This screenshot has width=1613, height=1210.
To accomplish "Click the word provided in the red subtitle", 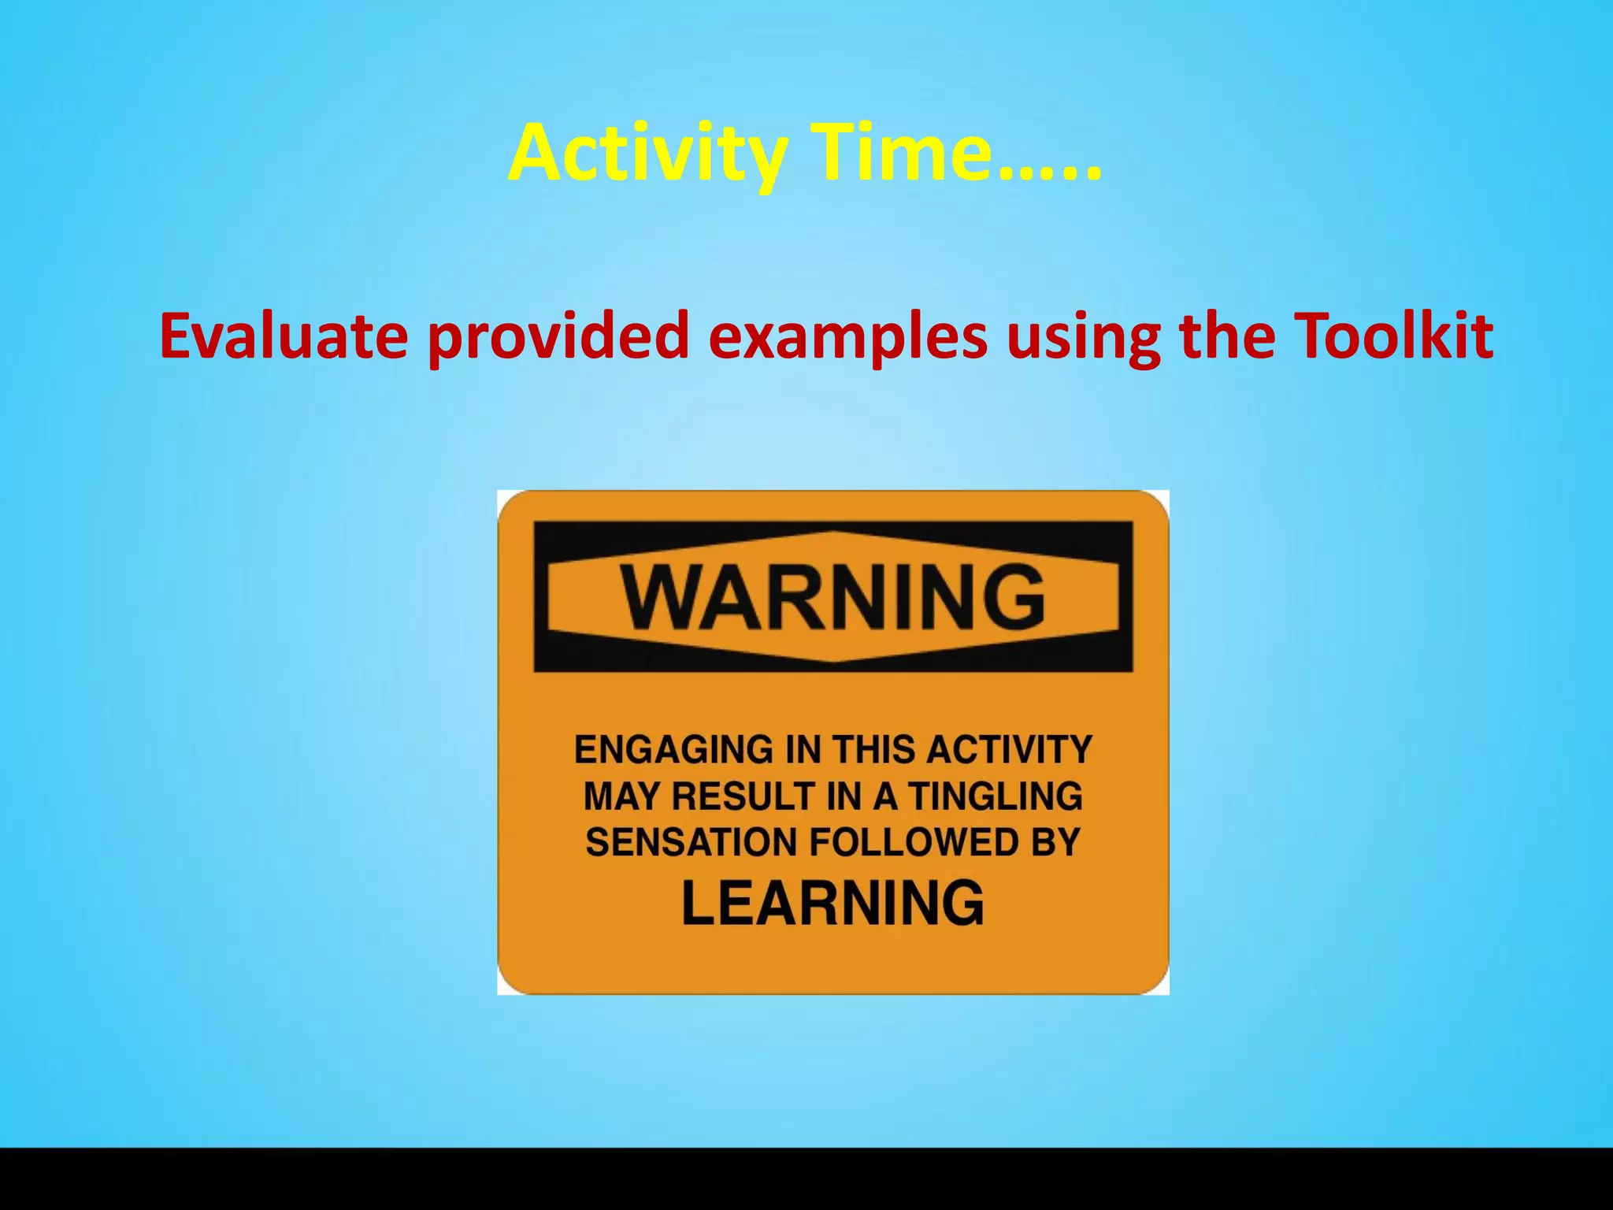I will [x=558, y=337].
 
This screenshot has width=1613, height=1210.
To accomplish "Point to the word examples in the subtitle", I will [x=847, y=337].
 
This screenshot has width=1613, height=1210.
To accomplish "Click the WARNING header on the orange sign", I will [x=833, y=596].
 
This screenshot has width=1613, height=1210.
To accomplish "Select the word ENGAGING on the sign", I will [x=674, y=749].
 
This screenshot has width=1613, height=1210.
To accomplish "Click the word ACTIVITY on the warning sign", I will [x=1009, y=749].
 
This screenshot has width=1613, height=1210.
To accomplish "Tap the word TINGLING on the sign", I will [x=996, y=796].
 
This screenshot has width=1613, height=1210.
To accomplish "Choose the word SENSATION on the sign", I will [x=691, y=843].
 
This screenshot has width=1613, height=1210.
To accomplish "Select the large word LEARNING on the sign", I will [x=832, y=903].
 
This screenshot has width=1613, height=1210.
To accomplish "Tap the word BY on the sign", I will [x=1055, y=843].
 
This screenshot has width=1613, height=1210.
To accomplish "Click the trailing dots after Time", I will [x=1049, y=169].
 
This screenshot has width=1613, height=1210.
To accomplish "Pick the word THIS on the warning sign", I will [x=875, y=749].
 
